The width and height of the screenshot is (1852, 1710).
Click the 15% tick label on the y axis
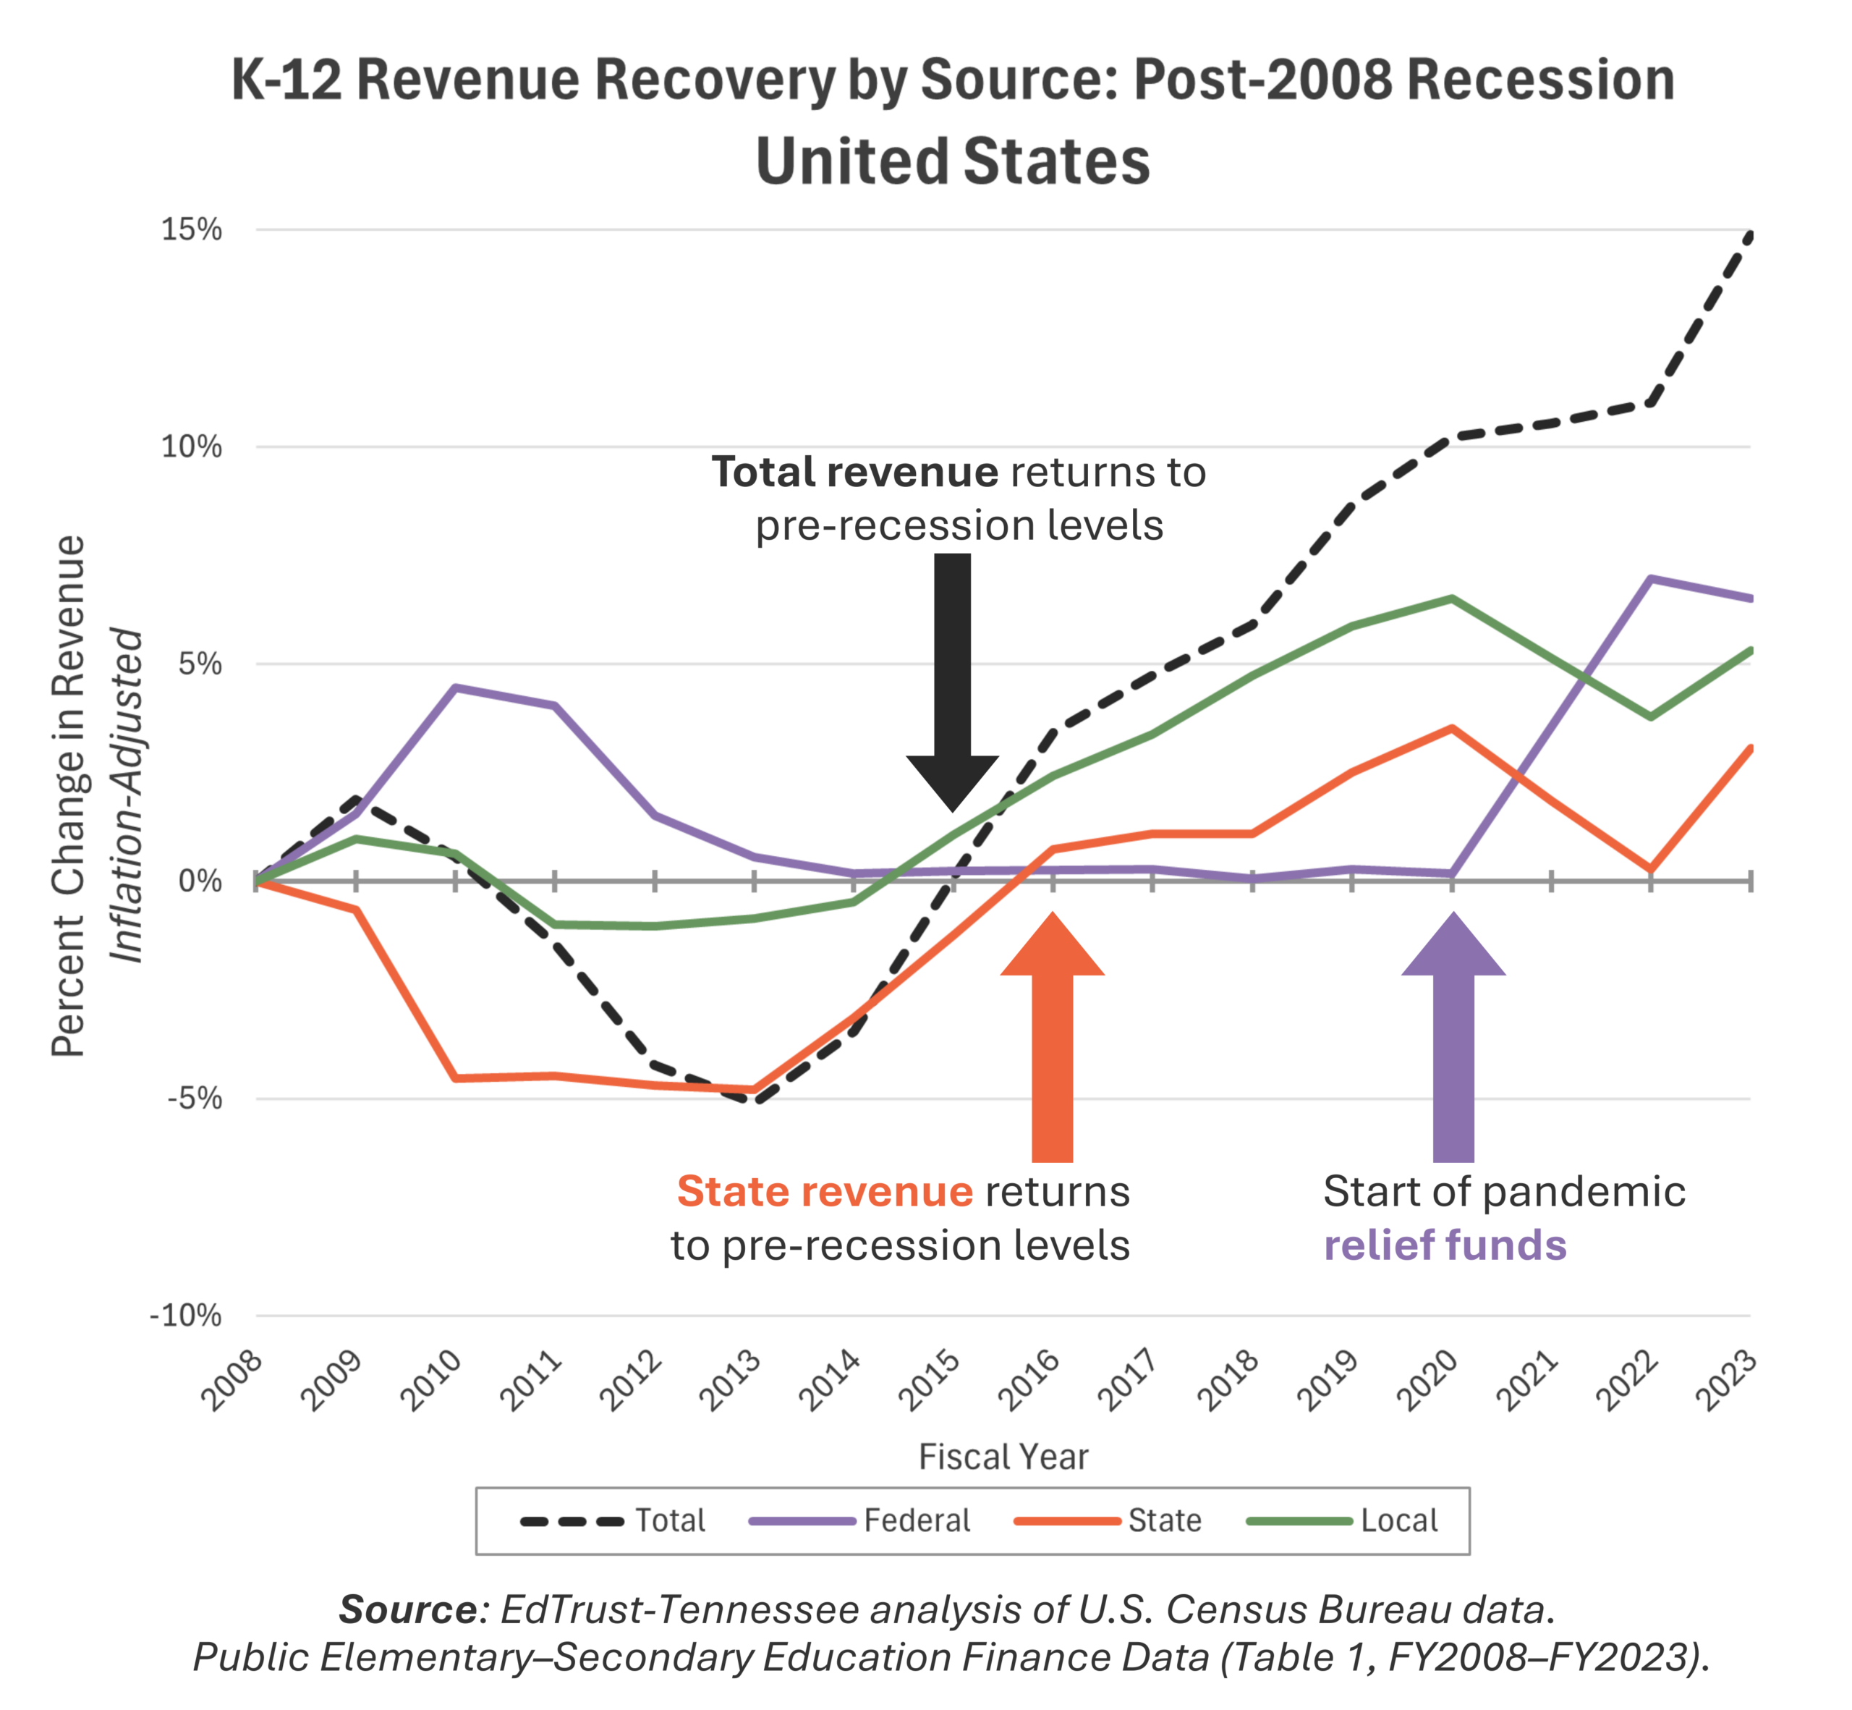[x=192, y=229]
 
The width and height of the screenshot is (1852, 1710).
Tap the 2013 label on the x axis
[x=731, y=1381]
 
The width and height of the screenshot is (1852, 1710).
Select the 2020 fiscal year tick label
[x=1427, y=1381]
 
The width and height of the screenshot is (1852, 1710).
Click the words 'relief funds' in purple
[x=1445, y=1245]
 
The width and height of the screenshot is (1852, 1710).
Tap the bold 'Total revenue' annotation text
[x=854, y=472]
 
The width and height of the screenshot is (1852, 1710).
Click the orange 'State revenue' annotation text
[x=824, y=1192]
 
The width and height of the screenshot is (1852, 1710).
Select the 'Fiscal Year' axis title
[x=1003, y=1457]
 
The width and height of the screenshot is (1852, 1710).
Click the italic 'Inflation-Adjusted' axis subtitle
[x=127, y=796]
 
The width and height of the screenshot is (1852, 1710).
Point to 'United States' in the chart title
[x=952, y=162]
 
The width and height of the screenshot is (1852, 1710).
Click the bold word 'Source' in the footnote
[x=407, y=1611]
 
